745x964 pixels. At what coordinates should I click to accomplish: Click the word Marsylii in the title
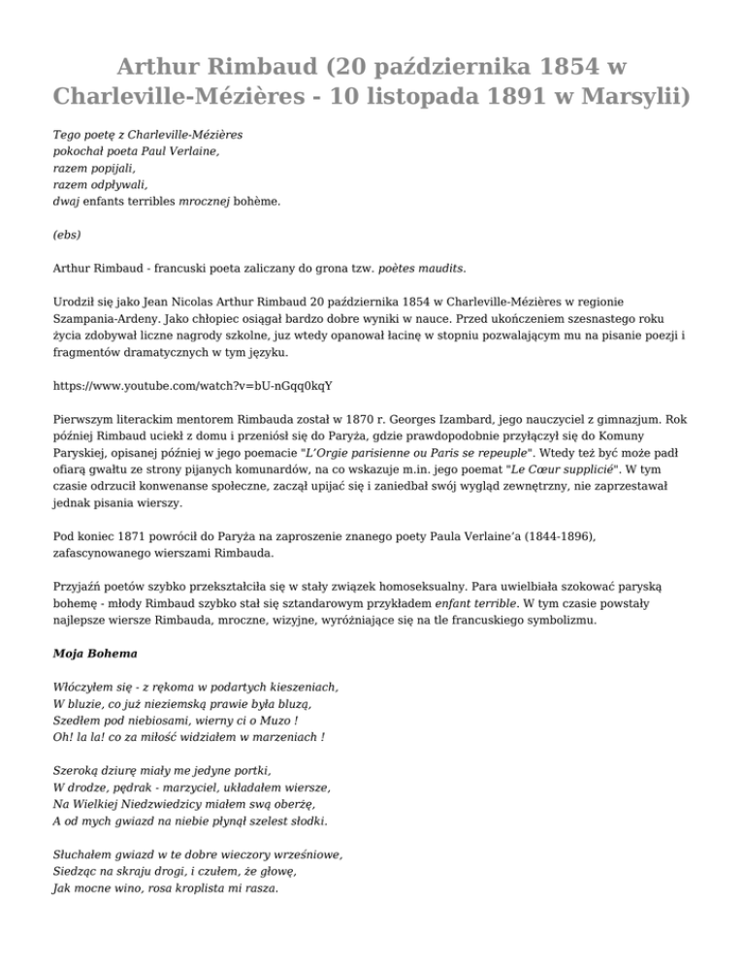tap(632, 97)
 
